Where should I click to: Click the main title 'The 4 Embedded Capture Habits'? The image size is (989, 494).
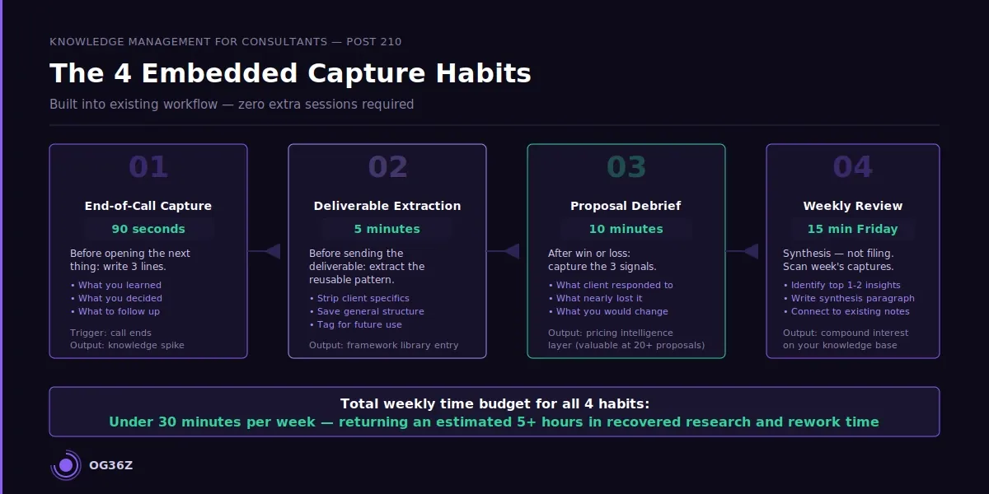(290, 73)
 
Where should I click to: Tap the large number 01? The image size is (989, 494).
(148, 167)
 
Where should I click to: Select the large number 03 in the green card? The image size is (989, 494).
(626, 167)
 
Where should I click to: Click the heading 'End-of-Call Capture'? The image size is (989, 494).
(148, 206)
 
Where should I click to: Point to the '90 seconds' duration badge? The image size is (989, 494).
(148, 229)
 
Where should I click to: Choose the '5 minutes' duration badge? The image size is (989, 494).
(387, 229)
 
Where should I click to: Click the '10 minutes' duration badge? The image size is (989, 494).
(626, 229)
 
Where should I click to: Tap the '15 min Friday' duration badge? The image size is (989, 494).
(852, 229)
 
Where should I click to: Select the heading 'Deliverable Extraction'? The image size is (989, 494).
(387, 206)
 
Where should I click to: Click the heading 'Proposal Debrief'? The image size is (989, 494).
(626, 206)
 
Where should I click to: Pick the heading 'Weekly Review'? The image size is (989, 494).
(852, 206)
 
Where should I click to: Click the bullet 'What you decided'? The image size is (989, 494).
(120, 298)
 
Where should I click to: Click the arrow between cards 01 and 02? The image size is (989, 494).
(271, 251)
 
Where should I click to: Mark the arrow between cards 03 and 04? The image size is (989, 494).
(749, 251)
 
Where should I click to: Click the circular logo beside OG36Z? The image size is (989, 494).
(66, 465)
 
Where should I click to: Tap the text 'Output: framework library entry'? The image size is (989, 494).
(383, 345)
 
